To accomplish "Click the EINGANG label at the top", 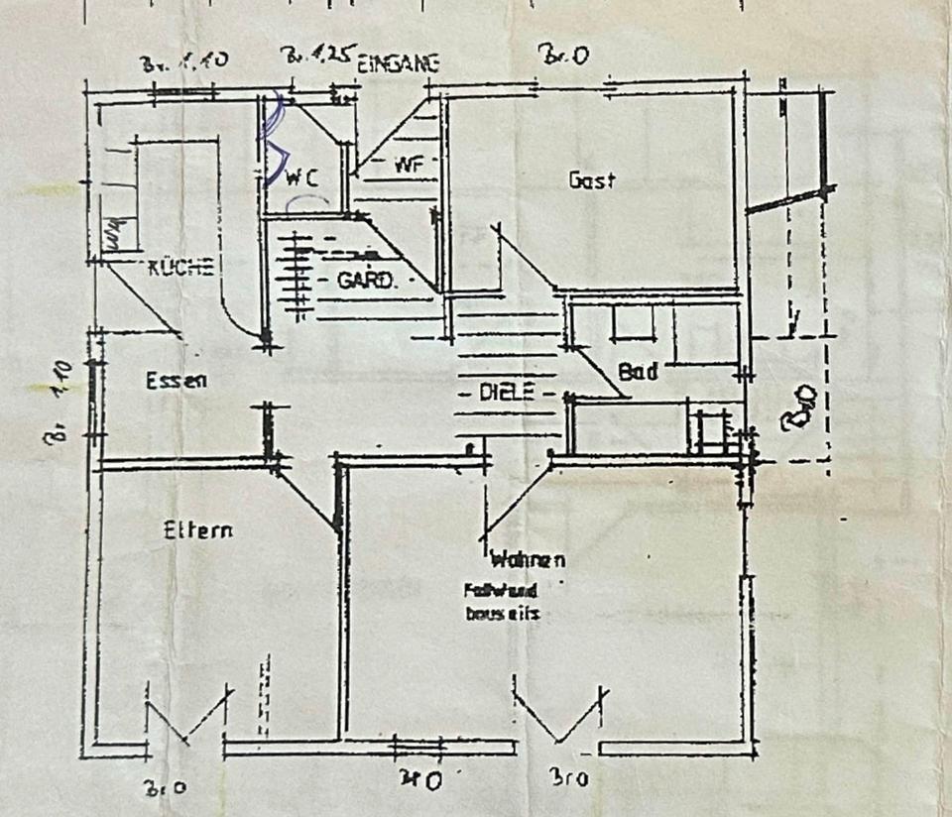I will click(x=399, y=63).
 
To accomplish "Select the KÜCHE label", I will click(x=179, y=267).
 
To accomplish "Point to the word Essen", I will click(x=176, y=380).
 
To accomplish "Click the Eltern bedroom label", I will click(x=198, y=530).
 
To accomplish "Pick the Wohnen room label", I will click(x=528, y=559).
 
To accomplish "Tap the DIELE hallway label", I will click(x=508, y=393).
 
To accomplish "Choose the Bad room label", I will click(x=639, y=372).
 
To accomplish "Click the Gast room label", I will click(x=592, y=180).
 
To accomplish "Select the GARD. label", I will click(x=367, y=281).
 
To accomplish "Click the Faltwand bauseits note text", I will click(x=501, y=601).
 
